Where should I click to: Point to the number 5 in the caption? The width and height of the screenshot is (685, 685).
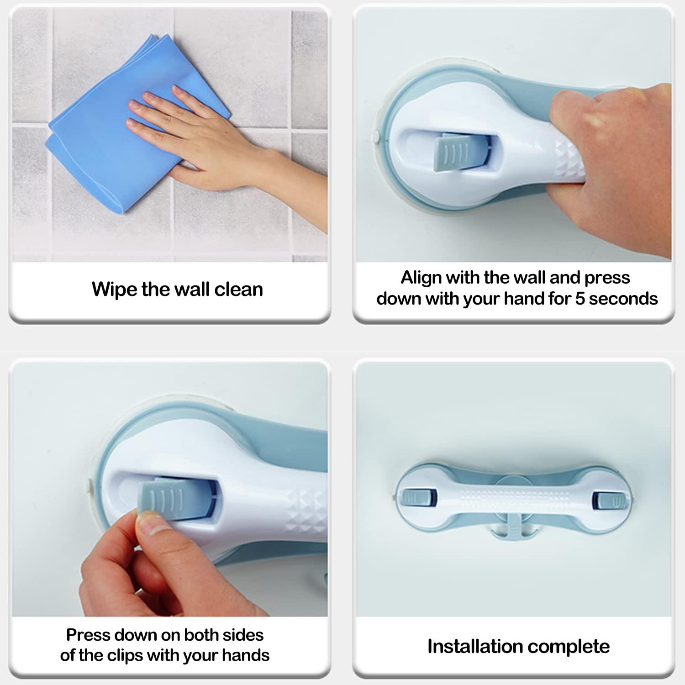point(580,299)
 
